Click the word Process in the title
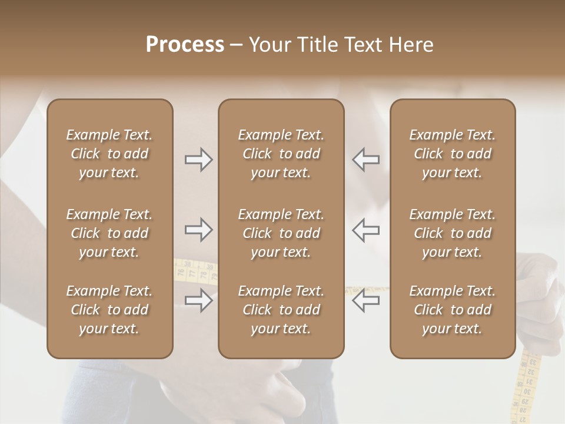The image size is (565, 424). pyautogui.click(x=185, y=45)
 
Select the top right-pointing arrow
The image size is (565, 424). pyautogui.click(x=199, y=160)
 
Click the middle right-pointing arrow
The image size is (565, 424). pyautogui.click(x=199, y=230)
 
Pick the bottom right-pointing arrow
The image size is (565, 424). pyautogui.click(x=199, y=301)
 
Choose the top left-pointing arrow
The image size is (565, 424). pyautogui.click(x=366, y=160)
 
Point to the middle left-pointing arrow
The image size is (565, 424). pyautogui.click(x=366, y=230)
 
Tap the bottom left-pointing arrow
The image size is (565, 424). pyautogui.click(x=366, y=301)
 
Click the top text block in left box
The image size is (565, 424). pyautogui.click(x=109, y=154)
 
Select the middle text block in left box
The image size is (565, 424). pyautogui.click(x=109, y=233)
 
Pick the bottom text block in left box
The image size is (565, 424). pyautogui.click(x=109, y=310)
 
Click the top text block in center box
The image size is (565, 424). pyautogui.click(x=281, y=154)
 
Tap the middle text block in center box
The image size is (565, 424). pyautogui.click(x=281, y=233)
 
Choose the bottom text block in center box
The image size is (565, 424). pyautogui.click(x=281, y=310)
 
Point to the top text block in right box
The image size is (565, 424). pyautogui.click(x=452, y=154)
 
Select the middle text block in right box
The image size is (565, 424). pyautogui.click(x=452, y=233)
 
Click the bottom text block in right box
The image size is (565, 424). pyautogui.click(x=452, y=310)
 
